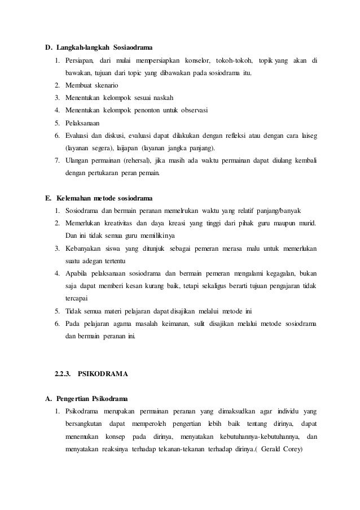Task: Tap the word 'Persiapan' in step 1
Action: pyautogui.click(x=79, y=60)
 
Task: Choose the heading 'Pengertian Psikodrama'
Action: pyautogui.click(x=90, y=398)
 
